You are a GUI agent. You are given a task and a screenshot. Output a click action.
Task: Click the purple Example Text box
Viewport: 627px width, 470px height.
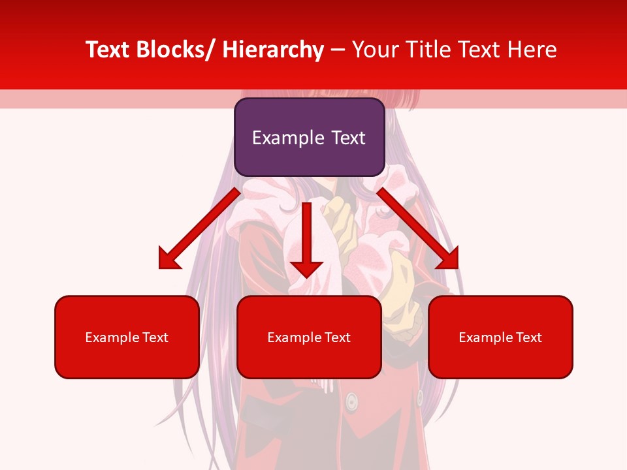309,137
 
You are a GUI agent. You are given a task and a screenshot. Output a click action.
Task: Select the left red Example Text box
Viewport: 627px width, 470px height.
127,337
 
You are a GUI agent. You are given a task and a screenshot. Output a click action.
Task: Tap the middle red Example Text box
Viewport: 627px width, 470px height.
309,337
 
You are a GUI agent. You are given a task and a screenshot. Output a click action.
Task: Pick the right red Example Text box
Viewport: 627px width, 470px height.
500,337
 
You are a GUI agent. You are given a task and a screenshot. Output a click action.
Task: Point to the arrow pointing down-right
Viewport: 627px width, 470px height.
418,228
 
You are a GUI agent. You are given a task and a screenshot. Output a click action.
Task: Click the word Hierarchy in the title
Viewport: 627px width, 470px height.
272,50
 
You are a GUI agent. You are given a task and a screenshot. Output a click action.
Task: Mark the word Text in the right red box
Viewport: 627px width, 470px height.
528,337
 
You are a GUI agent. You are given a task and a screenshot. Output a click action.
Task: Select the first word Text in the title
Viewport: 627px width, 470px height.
108,50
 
